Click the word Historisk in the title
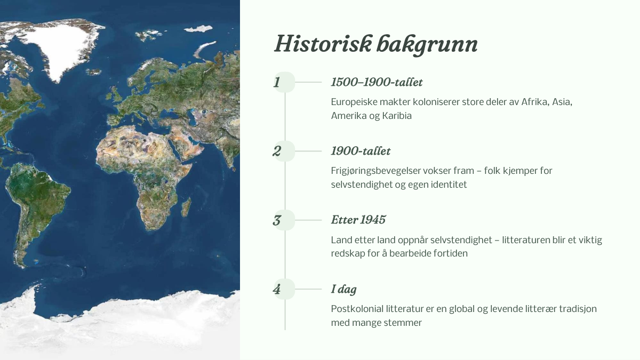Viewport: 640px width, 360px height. pos(323,44)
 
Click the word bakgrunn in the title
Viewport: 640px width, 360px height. pos(427,44)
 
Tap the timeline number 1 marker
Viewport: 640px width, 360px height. pos(284,82)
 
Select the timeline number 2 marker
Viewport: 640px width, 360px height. pos(284,151)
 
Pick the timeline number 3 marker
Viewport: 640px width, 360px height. pos(284,220)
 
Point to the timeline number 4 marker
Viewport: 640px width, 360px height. pos(284,289)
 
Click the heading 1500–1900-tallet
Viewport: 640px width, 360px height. pos(377,82)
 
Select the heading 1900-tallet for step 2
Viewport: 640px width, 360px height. pos(361,151)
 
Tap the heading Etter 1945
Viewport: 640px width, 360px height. pos(358,220)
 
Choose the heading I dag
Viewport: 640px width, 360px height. pos(343,290)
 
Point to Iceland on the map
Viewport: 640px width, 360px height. pos(94,71)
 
